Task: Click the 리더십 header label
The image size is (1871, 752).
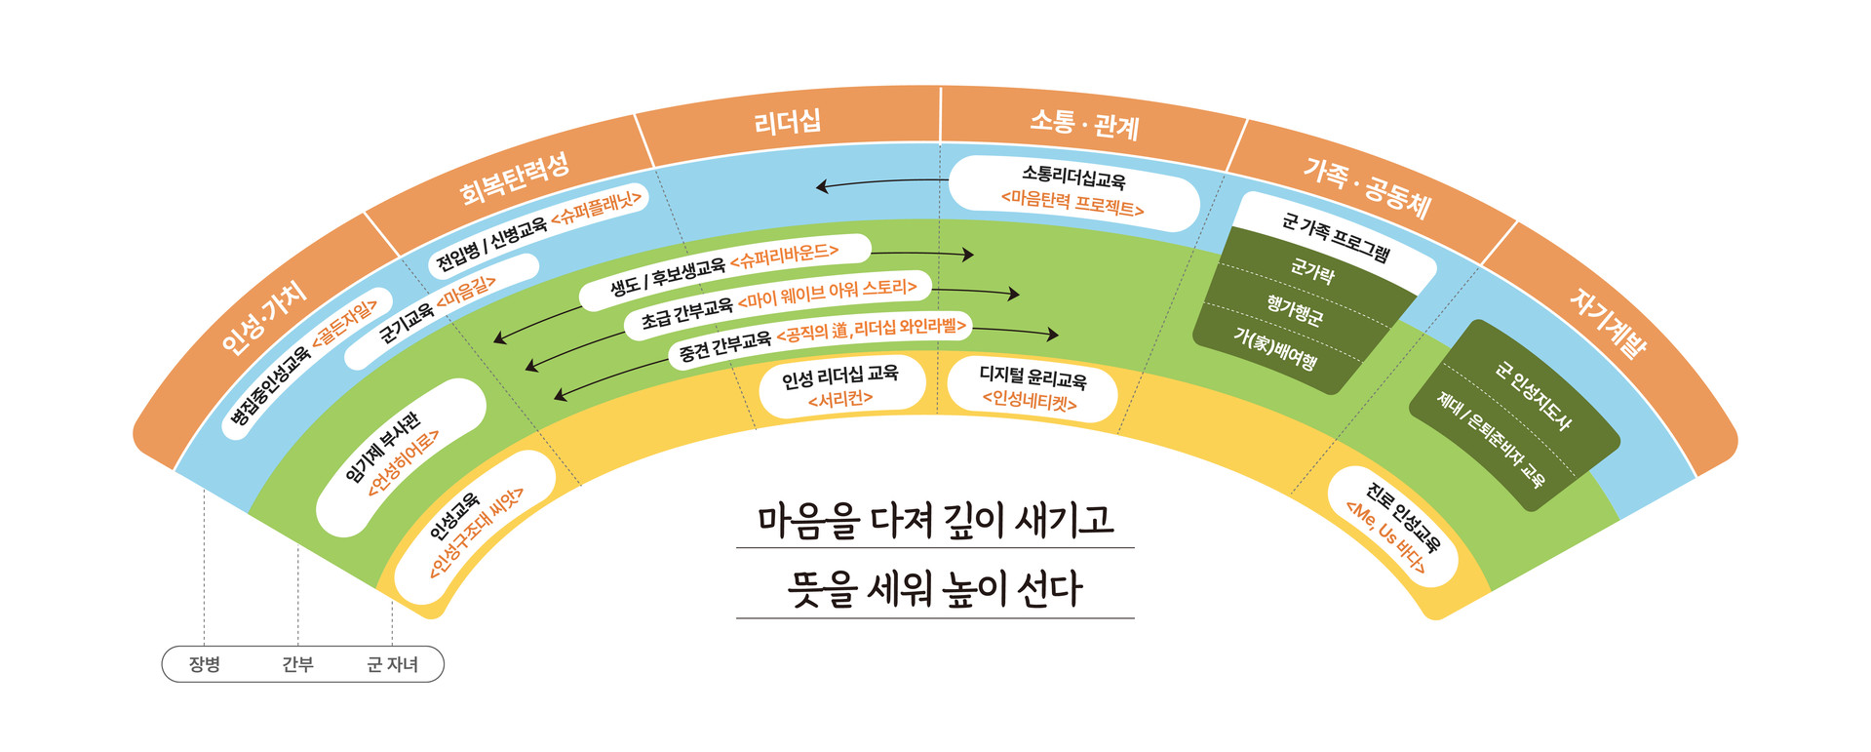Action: (x=788, y=123)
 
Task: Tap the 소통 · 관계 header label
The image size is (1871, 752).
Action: (x=1084, y=124)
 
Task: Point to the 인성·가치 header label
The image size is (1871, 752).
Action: (x=264, y=318)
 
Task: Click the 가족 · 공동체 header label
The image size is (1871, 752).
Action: (x=1367, y=187)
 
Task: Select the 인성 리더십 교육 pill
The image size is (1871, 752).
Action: (x=840, y=386)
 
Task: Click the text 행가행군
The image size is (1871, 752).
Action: (x=1294, y=311)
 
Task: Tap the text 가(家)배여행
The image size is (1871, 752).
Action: (x=1274, y=349)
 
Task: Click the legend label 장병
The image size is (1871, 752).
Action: (x=205, y=664)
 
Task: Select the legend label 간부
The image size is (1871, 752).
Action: (x=297, y=664)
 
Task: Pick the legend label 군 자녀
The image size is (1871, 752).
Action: (x=392, y=664)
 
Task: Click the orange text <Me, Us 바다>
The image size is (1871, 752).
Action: (x=1384, y=536)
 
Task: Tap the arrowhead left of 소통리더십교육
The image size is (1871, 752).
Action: (x=823, y=185)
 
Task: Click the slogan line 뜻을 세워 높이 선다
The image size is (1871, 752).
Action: (x=935, y=589)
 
